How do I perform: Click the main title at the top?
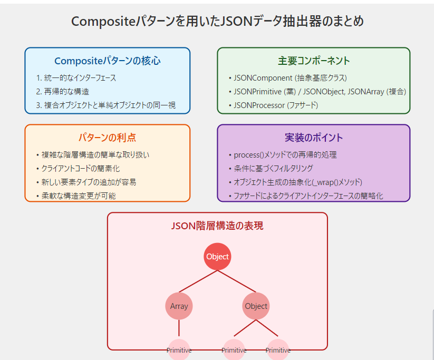click(x=217, y=21)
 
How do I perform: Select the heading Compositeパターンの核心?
click(x=108, y=61)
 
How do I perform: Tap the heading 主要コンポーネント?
click(x=314, y=61)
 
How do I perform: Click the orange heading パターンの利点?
click(x=108, y=138)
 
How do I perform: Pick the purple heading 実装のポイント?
click(x=314, y=138)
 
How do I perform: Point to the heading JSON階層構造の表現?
click(x=217, y=226)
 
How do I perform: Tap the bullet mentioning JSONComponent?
click(x=288, y=78)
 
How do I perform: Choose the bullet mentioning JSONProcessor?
click(x=274, y=105)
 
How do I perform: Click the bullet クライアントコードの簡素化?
click(x=78, y=169)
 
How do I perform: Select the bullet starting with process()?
click(x=283, y=155)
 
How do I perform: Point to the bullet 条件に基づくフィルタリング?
click(x=271, y=169)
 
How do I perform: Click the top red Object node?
click(x=217, y=257)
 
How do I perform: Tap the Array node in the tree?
click(x=179, y=306)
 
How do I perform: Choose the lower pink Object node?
click(x=256, y=306)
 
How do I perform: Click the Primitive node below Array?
click(x=179, y=350)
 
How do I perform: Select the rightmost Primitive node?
click(x=278, y=350)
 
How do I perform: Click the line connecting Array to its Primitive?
click(x=179, y=328)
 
